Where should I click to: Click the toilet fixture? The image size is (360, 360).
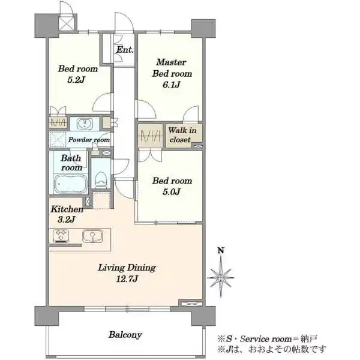[101, 179]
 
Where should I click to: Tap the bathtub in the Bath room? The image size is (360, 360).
[70, 184]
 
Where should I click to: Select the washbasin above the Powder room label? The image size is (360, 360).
[85, 124]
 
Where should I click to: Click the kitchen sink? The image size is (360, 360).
[92, 236]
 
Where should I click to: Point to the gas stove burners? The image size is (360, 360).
[61, 236]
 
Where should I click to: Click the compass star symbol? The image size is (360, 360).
[221, 277]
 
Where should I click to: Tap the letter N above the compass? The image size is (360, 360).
[221, 250]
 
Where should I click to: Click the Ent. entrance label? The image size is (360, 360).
[125, 50]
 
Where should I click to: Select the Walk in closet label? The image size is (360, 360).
[182, 135]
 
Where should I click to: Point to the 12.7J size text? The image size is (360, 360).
[127, 279]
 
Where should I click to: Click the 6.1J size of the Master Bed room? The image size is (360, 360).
[172, 85]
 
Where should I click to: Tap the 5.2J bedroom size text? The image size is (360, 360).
[76, 80]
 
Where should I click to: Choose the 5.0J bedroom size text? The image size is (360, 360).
[171, 192]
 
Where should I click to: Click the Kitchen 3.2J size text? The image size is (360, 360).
[66, 220]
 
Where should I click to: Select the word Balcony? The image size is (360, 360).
[125, 335]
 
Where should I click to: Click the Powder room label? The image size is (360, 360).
[89, 140]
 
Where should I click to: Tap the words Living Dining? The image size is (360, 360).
[127, 268]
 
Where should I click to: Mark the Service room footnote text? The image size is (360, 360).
[268, 339]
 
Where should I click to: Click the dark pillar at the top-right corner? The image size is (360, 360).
[203, 28]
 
